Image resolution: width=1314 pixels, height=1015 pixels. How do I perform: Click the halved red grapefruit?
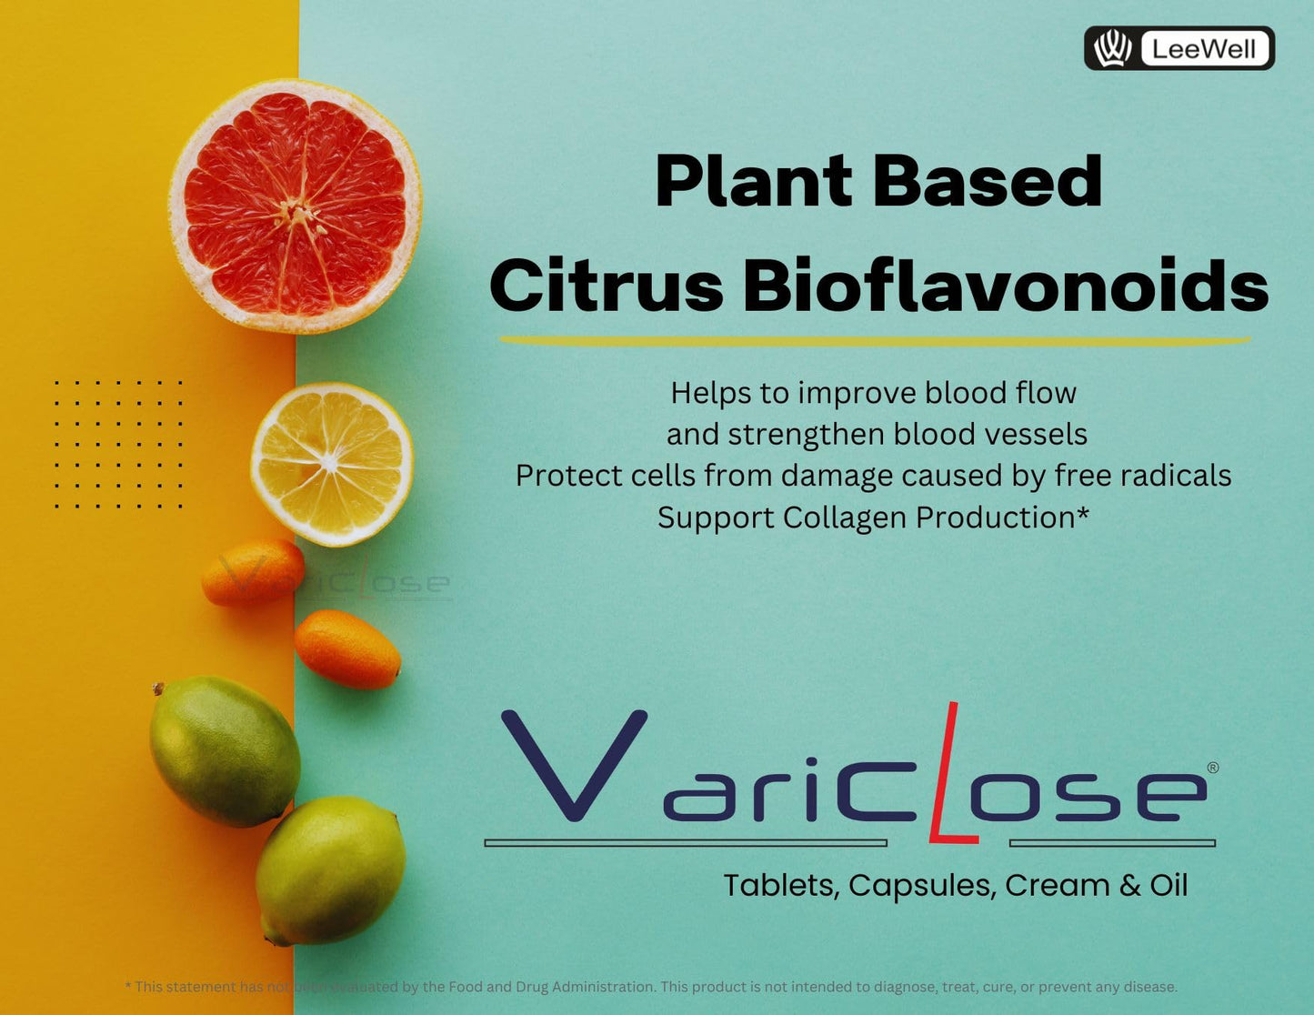tap(295, 206)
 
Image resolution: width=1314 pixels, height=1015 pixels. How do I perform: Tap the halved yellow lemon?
tap(332, 464)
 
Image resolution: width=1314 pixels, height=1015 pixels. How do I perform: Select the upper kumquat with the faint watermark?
tap(254, 572)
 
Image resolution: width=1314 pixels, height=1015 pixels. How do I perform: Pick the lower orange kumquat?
tap(346, 648)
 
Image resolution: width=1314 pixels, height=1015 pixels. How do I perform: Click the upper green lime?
tap(224, 750)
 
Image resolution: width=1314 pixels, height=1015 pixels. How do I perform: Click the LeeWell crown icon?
tap(1111, 48)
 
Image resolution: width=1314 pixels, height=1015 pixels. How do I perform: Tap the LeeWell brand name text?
tap(1204, 49)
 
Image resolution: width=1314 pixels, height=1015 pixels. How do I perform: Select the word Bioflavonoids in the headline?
tap(1005, 286)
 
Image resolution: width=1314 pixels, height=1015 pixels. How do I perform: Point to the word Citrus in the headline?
tap(607, 286)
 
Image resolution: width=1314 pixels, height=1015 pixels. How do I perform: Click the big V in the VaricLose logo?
tap(575, 764)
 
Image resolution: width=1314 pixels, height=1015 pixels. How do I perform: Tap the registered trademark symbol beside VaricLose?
tap(1212, 768)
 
